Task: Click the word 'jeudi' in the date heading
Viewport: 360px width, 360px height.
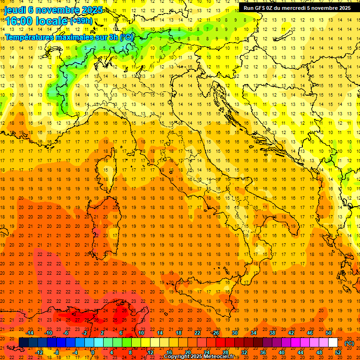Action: [x=15, y=10]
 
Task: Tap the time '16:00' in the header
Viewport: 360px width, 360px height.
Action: [x=22, y=21]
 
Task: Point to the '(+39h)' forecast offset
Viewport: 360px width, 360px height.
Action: [x=81, y=21]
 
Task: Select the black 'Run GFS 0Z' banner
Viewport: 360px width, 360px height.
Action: [x=298, y=7]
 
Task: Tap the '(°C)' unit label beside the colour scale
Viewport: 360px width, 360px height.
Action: [x=349, y=343]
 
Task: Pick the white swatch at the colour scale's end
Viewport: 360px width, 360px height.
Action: [x=333, y=343]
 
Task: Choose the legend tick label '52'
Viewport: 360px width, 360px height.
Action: [x=338, y=352]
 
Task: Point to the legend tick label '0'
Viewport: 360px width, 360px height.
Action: [x=93, y=352]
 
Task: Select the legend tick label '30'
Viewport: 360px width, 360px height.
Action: [x=235, y=333]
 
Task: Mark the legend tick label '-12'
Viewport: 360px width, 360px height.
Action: [x=39, y=352]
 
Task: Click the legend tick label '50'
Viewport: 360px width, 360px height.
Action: [x=329, y=333]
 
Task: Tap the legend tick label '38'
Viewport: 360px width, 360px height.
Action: [x=272, y=333]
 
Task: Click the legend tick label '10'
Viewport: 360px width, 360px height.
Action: [x=141, y=333]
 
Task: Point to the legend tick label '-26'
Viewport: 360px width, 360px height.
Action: [x=215, y=333]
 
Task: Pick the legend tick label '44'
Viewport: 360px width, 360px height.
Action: [x=300, y=352]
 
